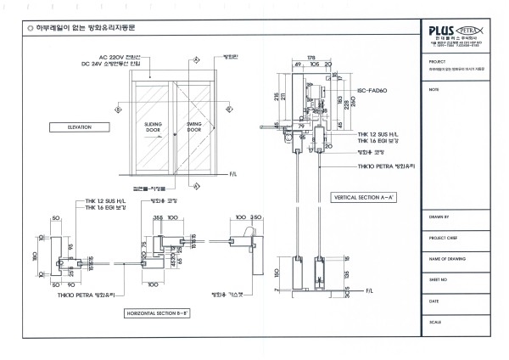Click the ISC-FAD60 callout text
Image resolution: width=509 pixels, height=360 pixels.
click(x=372, y=89)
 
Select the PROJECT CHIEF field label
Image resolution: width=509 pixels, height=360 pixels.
click(x=445, y=239)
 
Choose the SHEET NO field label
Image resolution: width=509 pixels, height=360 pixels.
click(x=439, y=278)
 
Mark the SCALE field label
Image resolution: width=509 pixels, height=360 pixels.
click(x=436, y=321)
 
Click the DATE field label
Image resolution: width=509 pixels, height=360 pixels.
click(x=435, y=300)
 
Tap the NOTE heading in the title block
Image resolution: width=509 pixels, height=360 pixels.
click(x=434, y=87)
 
